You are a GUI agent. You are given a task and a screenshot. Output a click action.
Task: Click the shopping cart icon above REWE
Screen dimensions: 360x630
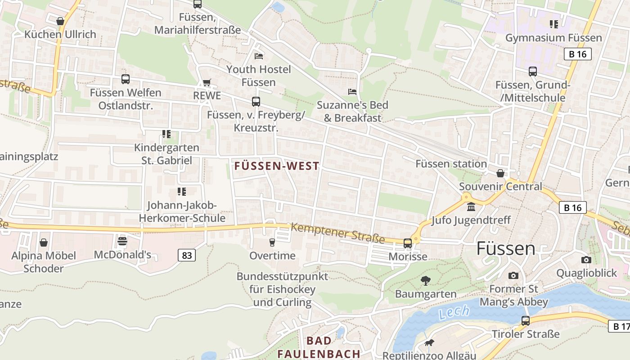[x=207, y=82]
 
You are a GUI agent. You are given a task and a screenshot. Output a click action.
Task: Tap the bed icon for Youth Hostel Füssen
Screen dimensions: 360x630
[x=259, y=56]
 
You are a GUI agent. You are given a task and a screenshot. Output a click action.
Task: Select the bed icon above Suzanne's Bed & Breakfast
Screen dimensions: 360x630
[x=352, y=91]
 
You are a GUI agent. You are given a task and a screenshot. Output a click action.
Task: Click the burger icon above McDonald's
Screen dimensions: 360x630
[x=122, y=241]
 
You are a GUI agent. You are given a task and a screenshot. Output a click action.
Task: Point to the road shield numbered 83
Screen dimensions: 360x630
[x=187, y=256]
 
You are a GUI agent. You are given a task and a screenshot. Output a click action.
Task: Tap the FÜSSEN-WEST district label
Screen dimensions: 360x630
[x=277, y=166]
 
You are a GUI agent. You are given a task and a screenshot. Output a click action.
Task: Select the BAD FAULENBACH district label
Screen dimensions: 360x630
[x=319, y=347]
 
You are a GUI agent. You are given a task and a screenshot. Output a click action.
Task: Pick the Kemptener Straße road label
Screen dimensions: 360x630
[x=337, y=233]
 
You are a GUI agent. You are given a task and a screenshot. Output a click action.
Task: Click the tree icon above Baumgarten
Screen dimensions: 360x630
[x=425, y=281]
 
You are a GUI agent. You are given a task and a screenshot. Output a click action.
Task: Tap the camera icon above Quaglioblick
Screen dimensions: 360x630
[x=586, y=260]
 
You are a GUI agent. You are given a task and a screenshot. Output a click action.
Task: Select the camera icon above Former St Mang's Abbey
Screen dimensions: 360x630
[x=513, y=275]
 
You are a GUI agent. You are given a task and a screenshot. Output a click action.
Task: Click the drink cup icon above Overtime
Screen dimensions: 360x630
[x=272, y=243]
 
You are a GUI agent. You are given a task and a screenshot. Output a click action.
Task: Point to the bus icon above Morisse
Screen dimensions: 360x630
[x=407, y=243]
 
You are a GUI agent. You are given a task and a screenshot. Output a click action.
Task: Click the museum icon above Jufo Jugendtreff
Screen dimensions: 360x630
[x=471, y=207]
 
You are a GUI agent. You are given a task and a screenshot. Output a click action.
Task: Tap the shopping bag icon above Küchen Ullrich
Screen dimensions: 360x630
[x=60, y=21]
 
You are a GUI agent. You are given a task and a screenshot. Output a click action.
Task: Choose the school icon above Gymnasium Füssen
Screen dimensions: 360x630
[x=553, y=24]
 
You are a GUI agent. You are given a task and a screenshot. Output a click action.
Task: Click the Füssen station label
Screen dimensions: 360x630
[x=451, y=164]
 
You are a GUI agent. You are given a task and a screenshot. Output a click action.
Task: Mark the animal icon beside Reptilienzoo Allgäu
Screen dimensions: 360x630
[x=429, y=343]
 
